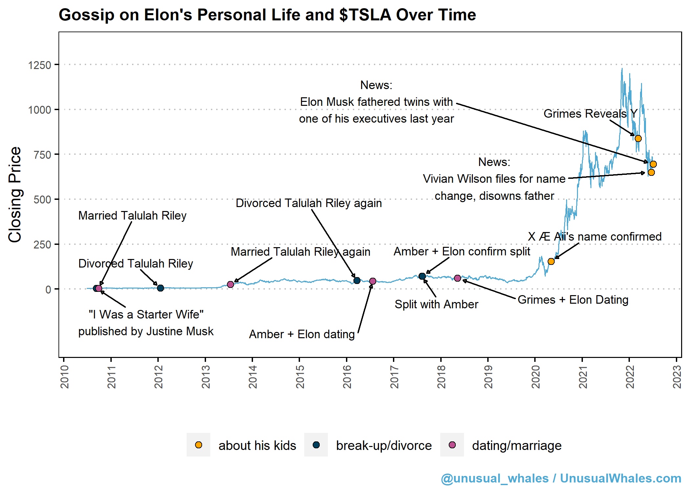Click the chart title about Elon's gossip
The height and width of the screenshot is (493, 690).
[267, 15]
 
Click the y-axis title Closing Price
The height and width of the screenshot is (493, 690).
[15, 195]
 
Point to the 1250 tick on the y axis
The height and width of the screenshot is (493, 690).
[39, 65]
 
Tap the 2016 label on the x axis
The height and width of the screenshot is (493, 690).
[347, 377]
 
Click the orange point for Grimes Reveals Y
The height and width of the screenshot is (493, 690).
[638, 138]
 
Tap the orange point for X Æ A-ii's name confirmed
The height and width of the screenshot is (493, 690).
[551, 261]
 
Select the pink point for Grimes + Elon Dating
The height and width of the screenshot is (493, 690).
[457, 278]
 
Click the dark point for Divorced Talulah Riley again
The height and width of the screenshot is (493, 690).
[357, 280]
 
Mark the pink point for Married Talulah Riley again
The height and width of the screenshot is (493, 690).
[230, 284]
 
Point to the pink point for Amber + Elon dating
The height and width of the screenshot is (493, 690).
[373, 281]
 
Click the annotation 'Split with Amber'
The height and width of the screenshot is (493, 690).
[436, 304]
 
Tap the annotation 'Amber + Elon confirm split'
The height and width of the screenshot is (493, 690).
[462, 251]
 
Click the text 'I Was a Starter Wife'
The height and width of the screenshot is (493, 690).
[146, 315]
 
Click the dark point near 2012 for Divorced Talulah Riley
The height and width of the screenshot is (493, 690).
[160, 288]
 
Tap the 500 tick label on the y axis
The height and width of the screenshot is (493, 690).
[42, 200]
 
